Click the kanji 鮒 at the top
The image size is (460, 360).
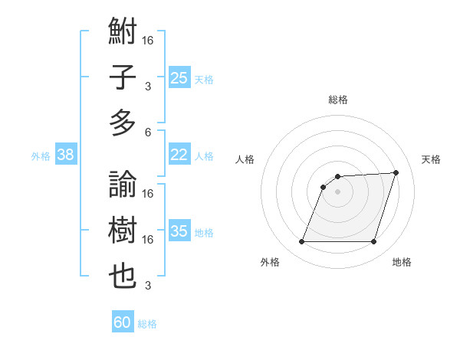tap(123, 33)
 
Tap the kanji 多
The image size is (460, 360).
tap(123, 123)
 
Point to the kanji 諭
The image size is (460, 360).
tap(123, 185)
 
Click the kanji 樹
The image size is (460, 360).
tap(123, 231)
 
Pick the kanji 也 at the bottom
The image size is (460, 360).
tap(123, 277)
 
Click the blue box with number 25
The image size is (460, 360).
tap(179, 77)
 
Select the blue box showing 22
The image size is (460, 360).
tap(179, 155)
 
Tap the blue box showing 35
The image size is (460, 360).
tap(179, 232)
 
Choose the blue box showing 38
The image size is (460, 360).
tap(65, 155)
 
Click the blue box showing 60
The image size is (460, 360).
tap(123, 322)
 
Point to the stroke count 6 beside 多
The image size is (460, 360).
tap(148, 132)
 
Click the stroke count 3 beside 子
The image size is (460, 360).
tap(148, 86)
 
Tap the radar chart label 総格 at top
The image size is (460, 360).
tap(337, 100)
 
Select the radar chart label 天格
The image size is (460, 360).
tap(431, 159)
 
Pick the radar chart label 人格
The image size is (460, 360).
tap(245, 159)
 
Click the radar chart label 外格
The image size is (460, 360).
tap(270, 262)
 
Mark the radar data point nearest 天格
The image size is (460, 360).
tap(396, 172)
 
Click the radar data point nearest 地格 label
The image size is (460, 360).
tap(374, 242)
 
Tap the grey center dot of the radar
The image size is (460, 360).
tap(337, 191)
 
